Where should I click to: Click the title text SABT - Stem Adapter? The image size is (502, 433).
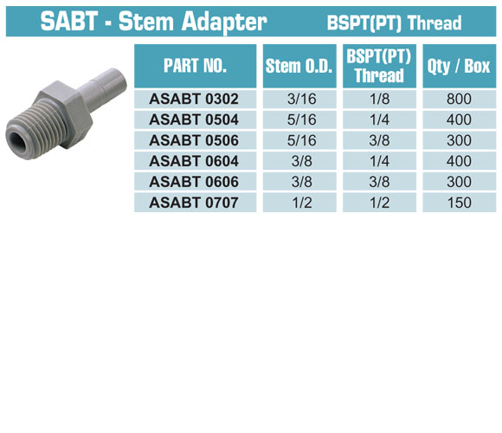(x=154, y=21)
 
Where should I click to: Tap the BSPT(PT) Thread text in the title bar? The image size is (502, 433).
(x=394, y=23)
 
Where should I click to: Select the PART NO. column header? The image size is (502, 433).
(x=195, y=66)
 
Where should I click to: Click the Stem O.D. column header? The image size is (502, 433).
(x=299, y=66)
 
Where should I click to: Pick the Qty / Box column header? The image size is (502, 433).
(x=459, y=66)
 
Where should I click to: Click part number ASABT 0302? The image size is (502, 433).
(x=194, y=99)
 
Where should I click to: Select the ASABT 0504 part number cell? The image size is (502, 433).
(x=194, y=120)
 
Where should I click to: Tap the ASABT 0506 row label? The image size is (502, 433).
(x=194, y=140)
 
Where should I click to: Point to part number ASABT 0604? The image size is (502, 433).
(x=194, y=161)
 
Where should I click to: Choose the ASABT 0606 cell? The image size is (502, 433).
(x=194, y=182)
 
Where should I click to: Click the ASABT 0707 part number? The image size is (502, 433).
(x=194, y=203)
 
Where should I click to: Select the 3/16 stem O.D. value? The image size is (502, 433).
(x=301, y=99)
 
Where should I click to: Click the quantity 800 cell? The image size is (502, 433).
(x=459, y=99)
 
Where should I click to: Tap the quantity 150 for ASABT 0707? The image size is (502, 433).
(x=460, y=203)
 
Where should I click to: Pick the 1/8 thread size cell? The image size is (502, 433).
(x=380, y=99)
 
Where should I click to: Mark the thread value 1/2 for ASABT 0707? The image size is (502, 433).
(x=380, y=203)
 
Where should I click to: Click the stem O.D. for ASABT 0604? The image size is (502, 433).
(x=301, y=161)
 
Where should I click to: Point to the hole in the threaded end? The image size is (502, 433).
(x=16, y=140)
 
